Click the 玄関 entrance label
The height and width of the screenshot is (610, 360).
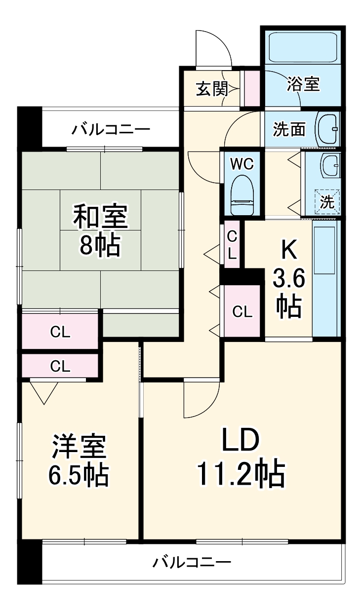click(x=211, y=89)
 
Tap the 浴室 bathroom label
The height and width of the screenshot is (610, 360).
click(x=303, y=84)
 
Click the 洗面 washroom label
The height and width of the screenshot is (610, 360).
click(x=289, y=129)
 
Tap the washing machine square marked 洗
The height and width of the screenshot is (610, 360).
click(x=327, y=201)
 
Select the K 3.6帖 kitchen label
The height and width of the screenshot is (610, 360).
click(x=289, y=279)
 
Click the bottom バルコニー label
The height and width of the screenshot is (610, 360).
click(x=192, y=562)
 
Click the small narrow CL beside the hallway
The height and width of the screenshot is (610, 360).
click(x=232, y=245)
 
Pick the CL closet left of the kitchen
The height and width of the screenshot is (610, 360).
click(x=242, y=311)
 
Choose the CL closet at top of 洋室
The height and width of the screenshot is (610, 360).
click(x=60, y=366)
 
